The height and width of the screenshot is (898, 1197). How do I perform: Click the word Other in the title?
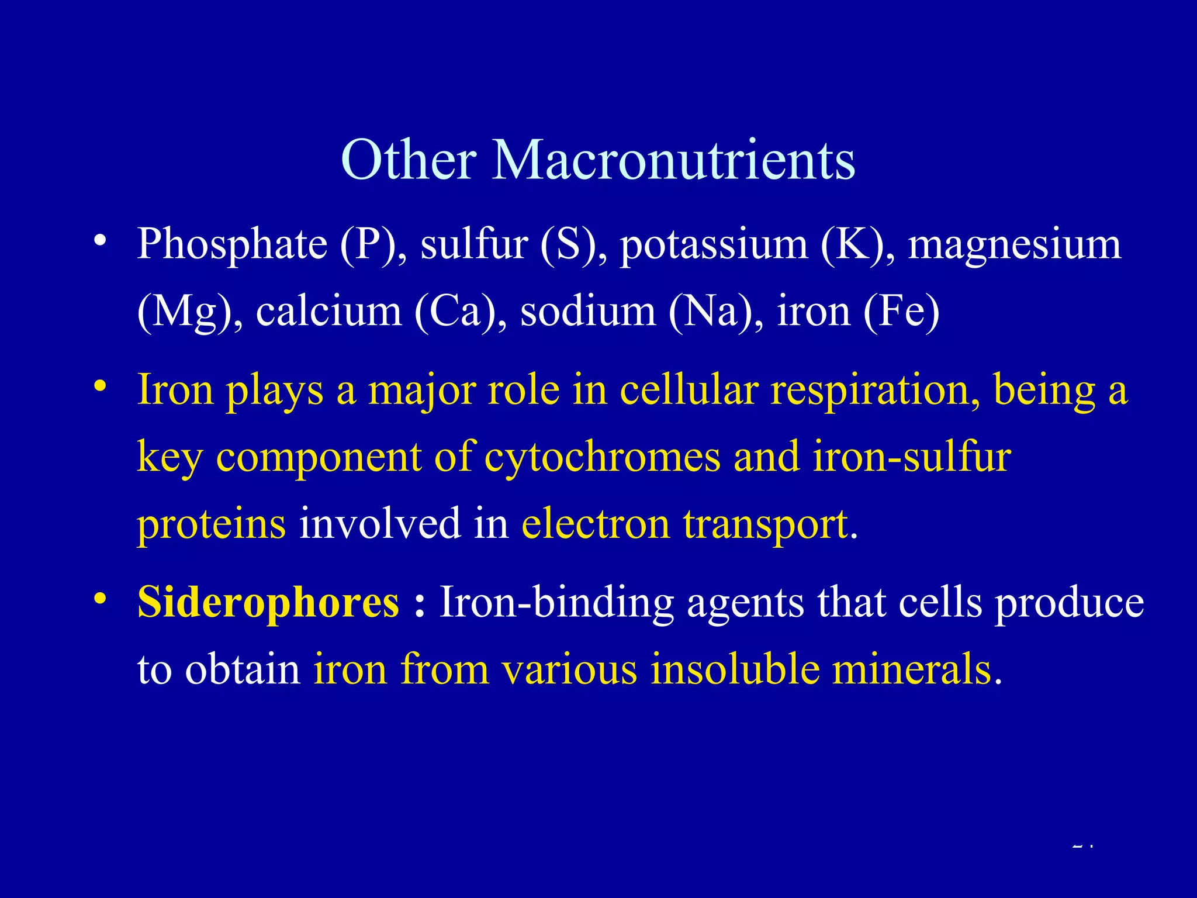point(409,160)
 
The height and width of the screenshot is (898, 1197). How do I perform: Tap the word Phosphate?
point(232,244)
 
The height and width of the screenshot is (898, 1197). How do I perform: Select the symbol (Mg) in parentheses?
point(184,312)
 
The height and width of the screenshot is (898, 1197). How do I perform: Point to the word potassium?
point(713,244)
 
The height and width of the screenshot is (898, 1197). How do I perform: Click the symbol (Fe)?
point(901,312)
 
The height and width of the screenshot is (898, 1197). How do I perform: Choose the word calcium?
point(328,312)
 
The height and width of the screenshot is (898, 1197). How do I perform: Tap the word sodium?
point(587,312)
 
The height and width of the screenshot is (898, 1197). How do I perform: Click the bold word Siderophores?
point(268,602)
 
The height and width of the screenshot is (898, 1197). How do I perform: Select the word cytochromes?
point(603,457)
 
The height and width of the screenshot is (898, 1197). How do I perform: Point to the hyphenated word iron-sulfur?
point(912,457)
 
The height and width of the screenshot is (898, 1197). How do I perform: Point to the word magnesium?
point(1014,244)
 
